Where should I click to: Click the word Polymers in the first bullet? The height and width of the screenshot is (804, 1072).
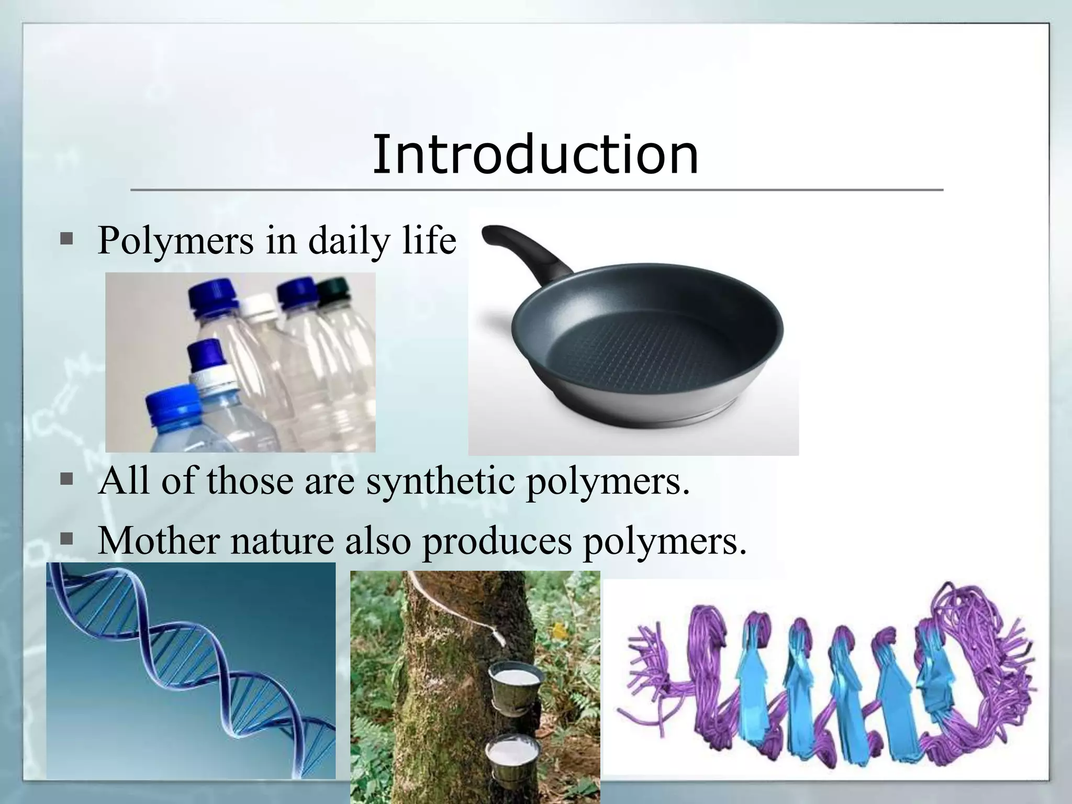[175, 241]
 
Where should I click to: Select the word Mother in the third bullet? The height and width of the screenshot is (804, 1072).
[159, 540]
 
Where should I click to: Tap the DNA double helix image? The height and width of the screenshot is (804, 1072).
[191, 671]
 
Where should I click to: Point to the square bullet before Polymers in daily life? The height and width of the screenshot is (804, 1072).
[66, 240]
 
